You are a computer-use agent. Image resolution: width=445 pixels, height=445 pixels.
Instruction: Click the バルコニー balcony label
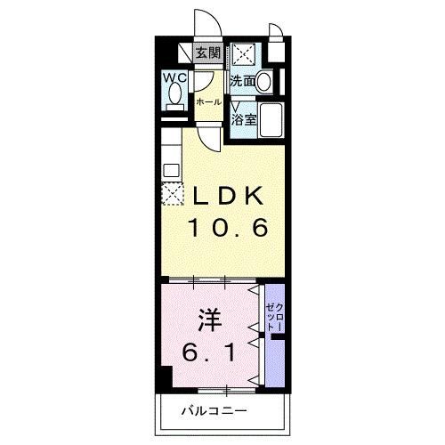214,410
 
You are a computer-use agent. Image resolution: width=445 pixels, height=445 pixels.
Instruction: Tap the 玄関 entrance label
207,53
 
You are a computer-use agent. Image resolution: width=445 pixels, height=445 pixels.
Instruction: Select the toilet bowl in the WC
175,94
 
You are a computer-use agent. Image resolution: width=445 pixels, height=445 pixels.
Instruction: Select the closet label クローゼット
274,316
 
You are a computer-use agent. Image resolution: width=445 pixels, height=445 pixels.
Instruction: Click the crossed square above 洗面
243,55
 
